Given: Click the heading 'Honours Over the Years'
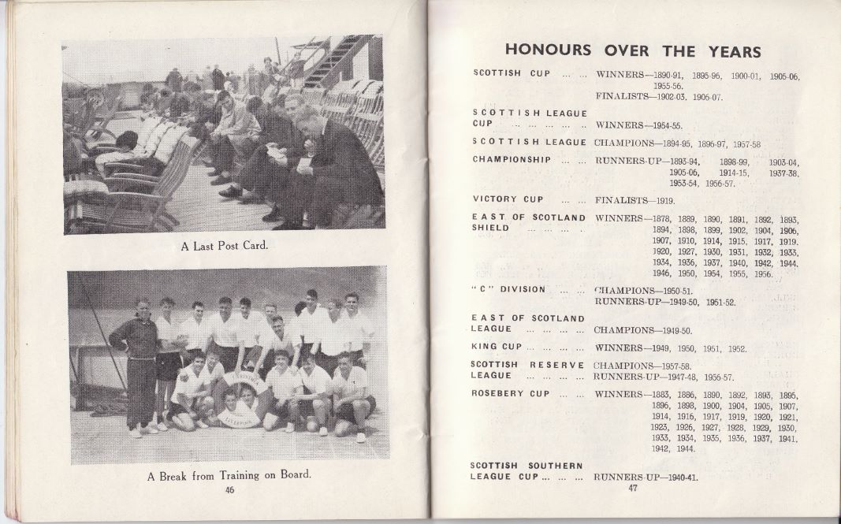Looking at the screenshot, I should click(632, 50).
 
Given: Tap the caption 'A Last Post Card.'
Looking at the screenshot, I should click(225, 246).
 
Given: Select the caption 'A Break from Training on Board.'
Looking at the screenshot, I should click(229, 476).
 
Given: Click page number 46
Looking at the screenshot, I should click(229, 490).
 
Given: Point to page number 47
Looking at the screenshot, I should click(632, 489).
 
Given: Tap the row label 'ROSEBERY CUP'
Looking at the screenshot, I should click(510, 393).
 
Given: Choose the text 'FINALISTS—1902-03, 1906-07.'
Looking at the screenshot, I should click(659, 97).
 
